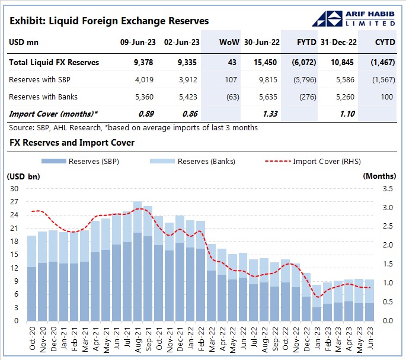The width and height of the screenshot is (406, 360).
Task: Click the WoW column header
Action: [229, 43]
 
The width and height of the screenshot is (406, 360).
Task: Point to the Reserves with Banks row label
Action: [43, 97]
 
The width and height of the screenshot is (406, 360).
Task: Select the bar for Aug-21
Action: [137, 261]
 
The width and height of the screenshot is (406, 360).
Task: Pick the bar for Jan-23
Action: [317, 302]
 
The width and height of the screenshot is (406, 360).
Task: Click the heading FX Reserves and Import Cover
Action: [72, 143]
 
